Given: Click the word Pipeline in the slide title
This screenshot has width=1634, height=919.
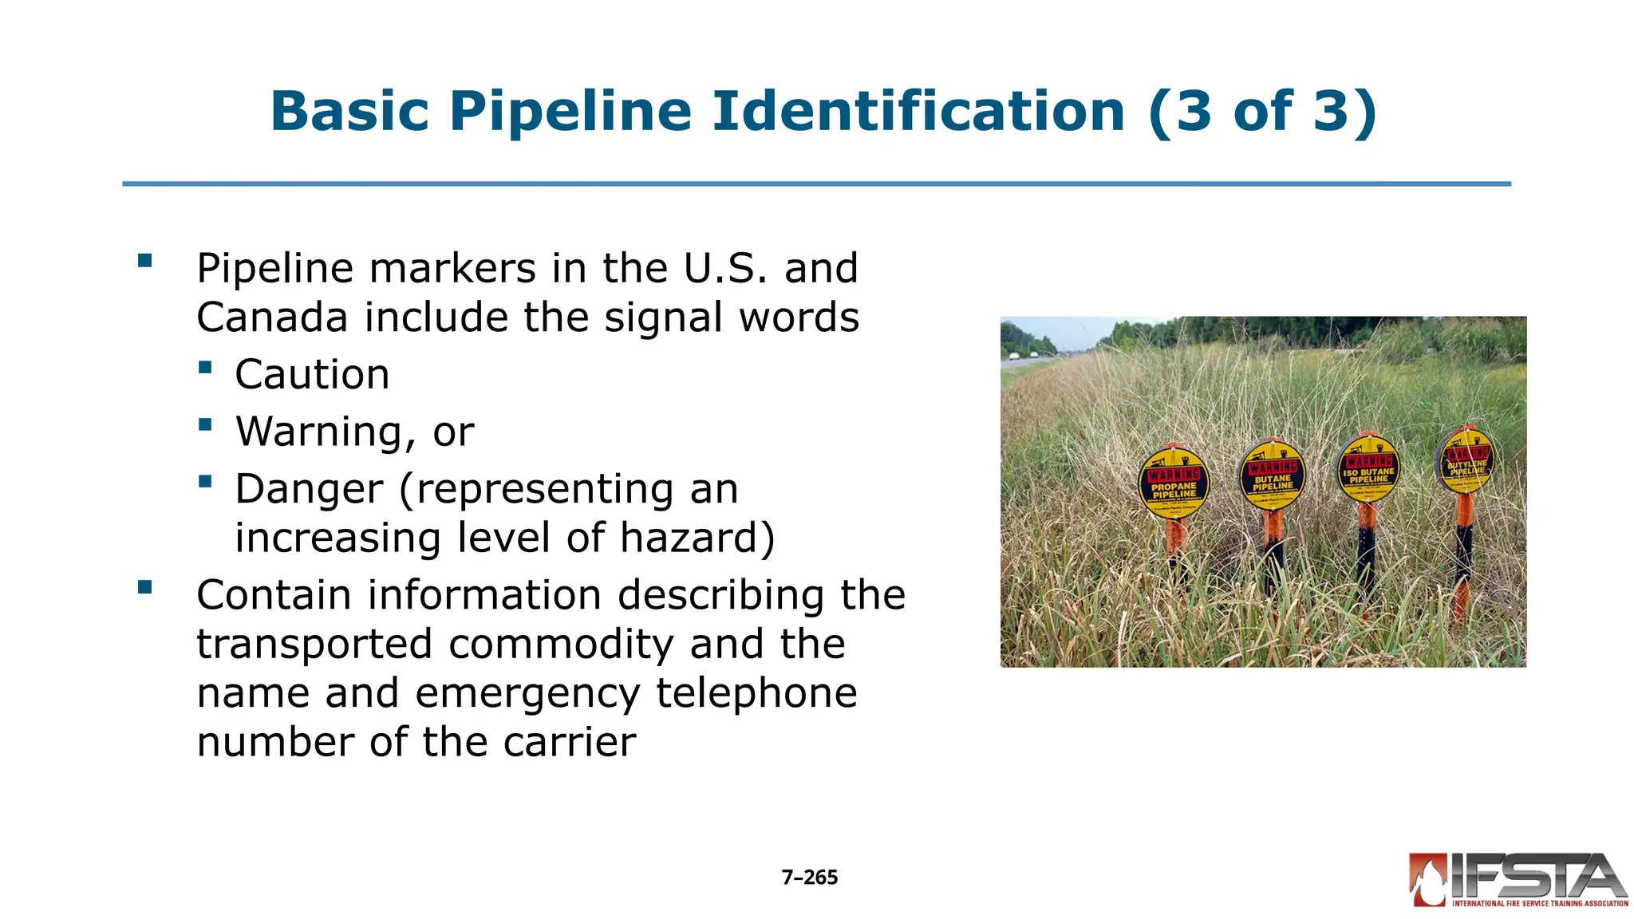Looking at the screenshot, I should pos(570,112).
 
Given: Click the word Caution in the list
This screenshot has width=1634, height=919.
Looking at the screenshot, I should pos(312,374).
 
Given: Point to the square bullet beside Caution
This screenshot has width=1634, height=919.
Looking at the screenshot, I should pos(206,367).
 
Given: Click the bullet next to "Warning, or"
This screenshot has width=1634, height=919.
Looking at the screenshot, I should pos(206,424).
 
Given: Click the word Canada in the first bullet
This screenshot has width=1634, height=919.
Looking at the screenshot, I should pos(272,318).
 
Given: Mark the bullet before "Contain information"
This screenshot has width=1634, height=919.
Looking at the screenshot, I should pos(144,588).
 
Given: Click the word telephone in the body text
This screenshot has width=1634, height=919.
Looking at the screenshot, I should pos(756,692).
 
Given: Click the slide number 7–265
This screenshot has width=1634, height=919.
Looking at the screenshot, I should pos(809,878).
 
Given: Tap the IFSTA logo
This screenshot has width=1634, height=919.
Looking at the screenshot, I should pos(1518,880).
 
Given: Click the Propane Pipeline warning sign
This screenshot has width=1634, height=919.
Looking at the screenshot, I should pos(1173,483).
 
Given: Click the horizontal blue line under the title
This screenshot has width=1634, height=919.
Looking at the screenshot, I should pos(816,184).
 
